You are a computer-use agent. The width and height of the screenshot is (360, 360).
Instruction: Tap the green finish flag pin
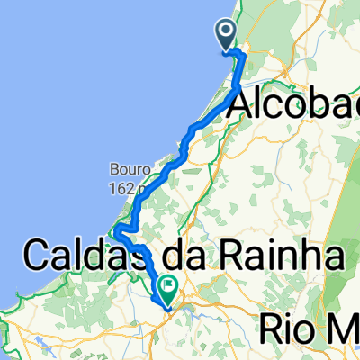click(x=167, y=287)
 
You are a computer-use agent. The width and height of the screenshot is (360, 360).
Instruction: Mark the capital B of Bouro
click(x=115, y=168)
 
